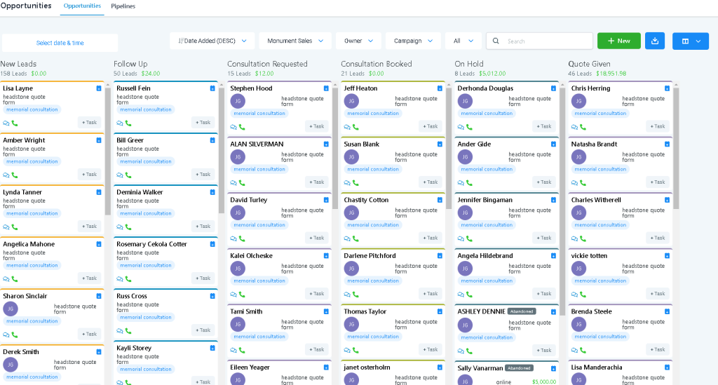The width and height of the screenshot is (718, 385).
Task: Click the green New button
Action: tap(618, 41)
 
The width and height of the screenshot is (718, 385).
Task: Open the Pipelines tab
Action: tap(123, 6)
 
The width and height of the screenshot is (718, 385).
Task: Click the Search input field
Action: tap(547, 41)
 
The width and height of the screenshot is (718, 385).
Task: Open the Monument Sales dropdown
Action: tap(294, 41)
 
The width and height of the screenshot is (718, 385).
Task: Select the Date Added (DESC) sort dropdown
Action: tap(212, 41)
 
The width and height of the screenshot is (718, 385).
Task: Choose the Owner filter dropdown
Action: tap(358, 41)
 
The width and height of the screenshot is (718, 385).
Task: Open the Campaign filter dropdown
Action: tap(412, 41)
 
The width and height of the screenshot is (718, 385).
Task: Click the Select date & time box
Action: tap(60, 43)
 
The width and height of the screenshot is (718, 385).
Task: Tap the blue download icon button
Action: tap(654, 41)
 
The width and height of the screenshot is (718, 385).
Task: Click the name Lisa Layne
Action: tap(18, 88)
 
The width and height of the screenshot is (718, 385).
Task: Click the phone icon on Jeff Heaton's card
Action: tap(355, 127)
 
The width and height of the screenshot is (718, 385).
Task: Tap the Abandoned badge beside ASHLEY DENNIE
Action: tap(521, 311)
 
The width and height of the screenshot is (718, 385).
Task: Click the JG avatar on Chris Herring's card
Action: tap(578, 101)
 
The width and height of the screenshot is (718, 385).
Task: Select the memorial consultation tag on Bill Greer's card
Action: tap(146, 161)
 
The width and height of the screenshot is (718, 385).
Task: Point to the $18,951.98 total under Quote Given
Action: tap(611, 73)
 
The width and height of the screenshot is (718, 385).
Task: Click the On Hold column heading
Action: tap(469, 64)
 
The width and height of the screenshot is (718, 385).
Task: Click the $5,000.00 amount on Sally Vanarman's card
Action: tap(544, 381)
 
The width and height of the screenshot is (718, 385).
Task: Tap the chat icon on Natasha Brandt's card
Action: tap(574, 183)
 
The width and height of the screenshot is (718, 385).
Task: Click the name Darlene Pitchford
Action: tap(370, 256)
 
